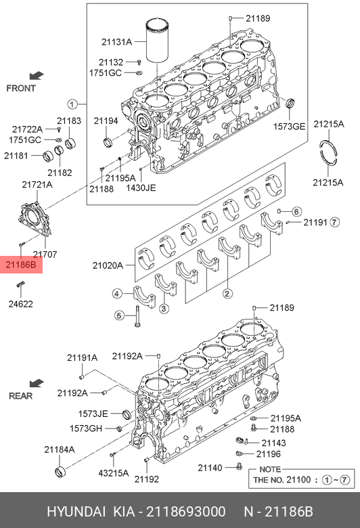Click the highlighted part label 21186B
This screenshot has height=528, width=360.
click(21, 265)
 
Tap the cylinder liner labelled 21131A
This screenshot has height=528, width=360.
click(157, 41)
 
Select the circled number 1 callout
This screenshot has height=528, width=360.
click(72, 104)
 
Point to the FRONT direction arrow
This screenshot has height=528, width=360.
click(37, 76)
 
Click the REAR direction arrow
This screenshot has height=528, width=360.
click(37, 384)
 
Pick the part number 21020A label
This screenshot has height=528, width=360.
click(108, 265)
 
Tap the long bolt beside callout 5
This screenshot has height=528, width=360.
click(137, 316)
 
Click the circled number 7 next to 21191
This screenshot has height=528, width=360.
click(334, 222)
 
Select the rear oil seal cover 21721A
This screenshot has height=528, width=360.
click(35, 218)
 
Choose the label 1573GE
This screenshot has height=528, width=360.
click(289, 127)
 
